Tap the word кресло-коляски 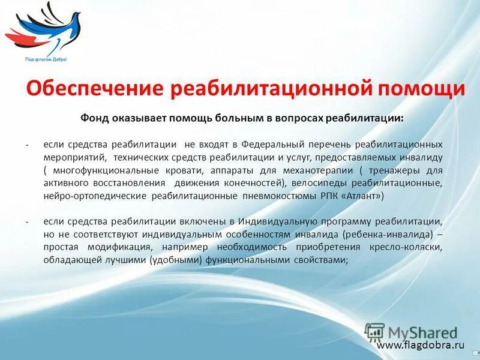point(411,247)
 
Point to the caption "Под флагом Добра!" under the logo point(46,59)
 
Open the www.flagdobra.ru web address point(421,345)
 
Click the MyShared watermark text point(422,332)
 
